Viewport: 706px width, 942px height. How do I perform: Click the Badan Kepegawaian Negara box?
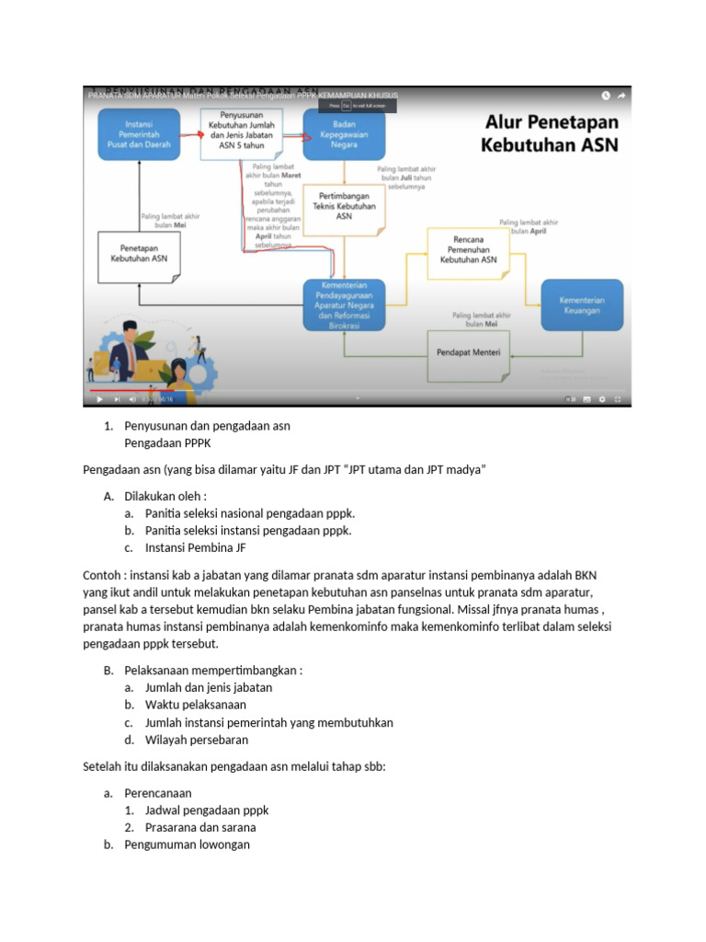(345, 134)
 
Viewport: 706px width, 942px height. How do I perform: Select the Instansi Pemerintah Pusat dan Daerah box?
(139, 134)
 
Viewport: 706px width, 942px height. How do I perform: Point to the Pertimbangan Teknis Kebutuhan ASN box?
(344, 206)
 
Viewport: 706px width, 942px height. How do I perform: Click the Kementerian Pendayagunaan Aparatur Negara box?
(344, 304)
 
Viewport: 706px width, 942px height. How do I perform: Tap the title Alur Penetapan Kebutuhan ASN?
(551, 133)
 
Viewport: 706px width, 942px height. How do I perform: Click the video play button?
(98, 399)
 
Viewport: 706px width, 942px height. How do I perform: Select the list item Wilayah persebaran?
(196, 740)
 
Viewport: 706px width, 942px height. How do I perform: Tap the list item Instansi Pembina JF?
(195, 548)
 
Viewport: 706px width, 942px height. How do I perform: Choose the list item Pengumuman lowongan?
(187, 844)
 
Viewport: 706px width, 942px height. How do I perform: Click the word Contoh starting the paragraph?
(103, 575)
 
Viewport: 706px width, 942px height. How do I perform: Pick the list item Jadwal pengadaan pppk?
(206, 810)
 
